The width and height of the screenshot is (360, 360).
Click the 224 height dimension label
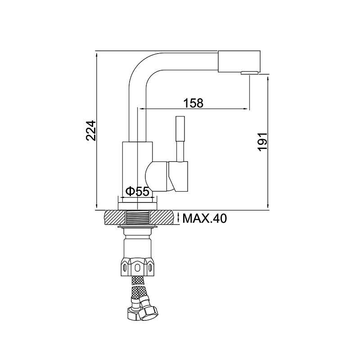(90, 130)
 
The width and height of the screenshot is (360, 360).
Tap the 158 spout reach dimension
(193, 103)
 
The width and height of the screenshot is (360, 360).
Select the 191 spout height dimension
(262, 141)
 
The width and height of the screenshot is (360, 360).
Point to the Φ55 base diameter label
(138, 192)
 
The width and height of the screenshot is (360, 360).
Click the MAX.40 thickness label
(205, 218)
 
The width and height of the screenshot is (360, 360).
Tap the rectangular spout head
(239, 61)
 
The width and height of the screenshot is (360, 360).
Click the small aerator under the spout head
(249, 73)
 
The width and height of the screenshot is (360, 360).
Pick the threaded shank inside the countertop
(138, 217)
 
